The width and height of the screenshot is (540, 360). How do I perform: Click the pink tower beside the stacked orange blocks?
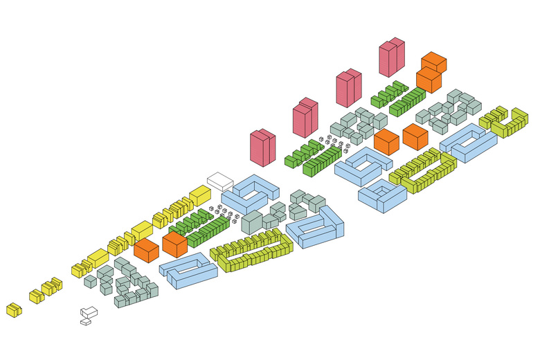391,58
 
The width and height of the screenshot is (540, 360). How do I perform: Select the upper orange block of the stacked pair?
433,62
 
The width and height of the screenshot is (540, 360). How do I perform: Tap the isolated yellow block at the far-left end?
13,309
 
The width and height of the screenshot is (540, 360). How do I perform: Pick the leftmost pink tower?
262,147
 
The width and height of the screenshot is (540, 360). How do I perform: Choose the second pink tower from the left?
305,118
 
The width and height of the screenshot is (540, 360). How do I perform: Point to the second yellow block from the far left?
36,296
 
